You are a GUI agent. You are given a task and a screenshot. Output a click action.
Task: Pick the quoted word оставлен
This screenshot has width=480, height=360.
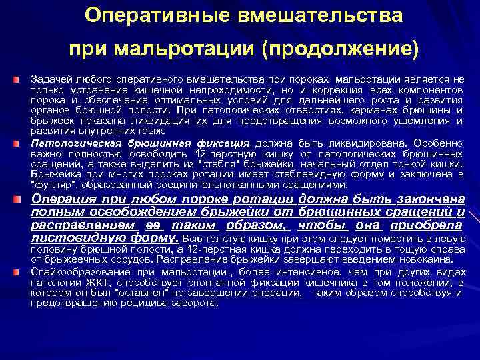click(x=143, y=293)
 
